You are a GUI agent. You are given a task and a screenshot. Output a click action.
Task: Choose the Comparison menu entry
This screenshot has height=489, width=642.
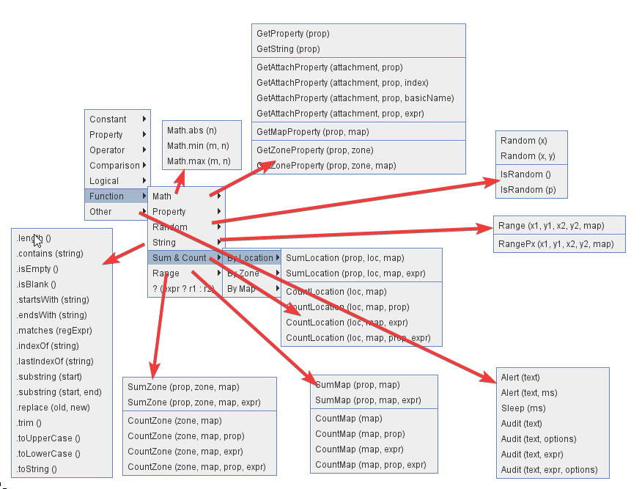[x=115, y=166]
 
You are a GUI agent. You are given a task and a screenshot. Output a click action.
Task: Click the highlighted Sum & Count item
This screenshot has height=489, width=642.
[x=180, y=258]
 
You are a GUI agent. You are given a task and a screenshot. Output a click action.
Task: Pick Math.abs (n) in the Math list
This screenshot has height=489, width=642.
[x=192, y=130]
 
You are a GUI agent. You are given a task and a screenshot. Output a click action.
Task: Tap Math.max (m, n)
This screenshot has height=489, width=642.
[x=199, y=161]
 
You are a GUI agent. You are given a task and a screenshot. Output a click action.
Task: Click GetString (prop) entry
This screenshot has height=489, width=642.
[x=288, y=49]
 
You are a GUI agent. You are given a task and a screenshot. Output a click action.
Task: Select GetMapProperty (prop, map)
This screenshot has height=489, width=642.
[x=313, y=132]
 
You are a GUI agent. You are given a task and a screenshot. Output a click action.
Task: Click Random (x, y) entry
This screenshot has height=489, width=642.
[x=528, y=156]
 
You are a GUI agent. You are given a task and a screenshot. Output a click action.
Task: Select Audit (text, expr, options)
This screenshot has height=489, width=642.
[x=549, y=470]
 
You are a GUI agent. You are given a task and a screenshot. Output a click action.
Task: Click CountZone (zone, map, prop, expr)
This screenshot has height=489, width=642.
[x=196, y=467]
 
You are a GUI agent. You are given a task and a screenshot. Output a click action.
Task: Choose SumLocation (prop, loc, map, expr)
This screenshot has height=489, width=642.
[x=355, y=273]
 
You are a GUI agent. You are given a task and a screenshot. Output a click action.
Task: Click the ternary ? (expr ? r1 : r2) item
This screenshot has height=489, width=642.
[x=183, y=289]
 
